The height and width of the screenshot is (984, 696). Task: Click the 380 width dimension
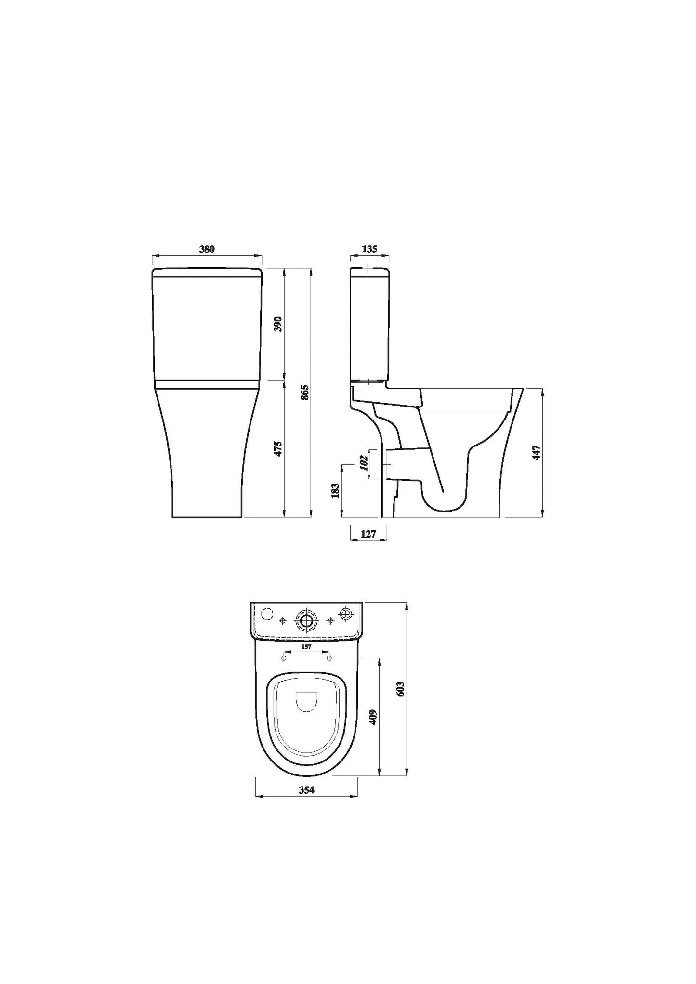tap(207, 249)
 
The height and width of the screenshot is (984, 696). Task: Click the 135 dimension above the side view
tap(369, 249)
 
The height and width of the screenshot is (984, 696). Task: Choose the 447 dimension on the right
tap(538, 453)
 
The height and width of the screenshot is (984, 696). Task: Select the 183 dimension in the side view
tap(336, 490)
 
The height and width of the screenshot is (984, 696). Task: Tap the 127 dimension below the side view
tap(368, 534)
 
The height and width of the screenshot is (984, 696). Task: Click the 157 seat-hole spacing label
tap(306, 647)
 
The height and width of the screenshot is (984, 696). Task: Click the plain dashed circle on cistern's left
tap(266, 614)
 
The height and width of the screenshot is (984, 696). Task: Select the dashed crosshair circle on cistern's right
tap(346, 614)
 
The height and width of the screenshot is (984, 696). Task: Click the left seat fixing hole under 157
tap(284, 657)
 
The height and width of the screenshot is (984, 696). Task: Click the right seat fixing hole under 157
tap(329, 657)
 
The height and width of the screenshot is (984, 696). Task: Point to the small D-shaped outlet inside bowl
tap(306, 702)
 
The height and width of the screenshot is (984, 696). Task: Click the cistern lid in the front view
tap(207, 272)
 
